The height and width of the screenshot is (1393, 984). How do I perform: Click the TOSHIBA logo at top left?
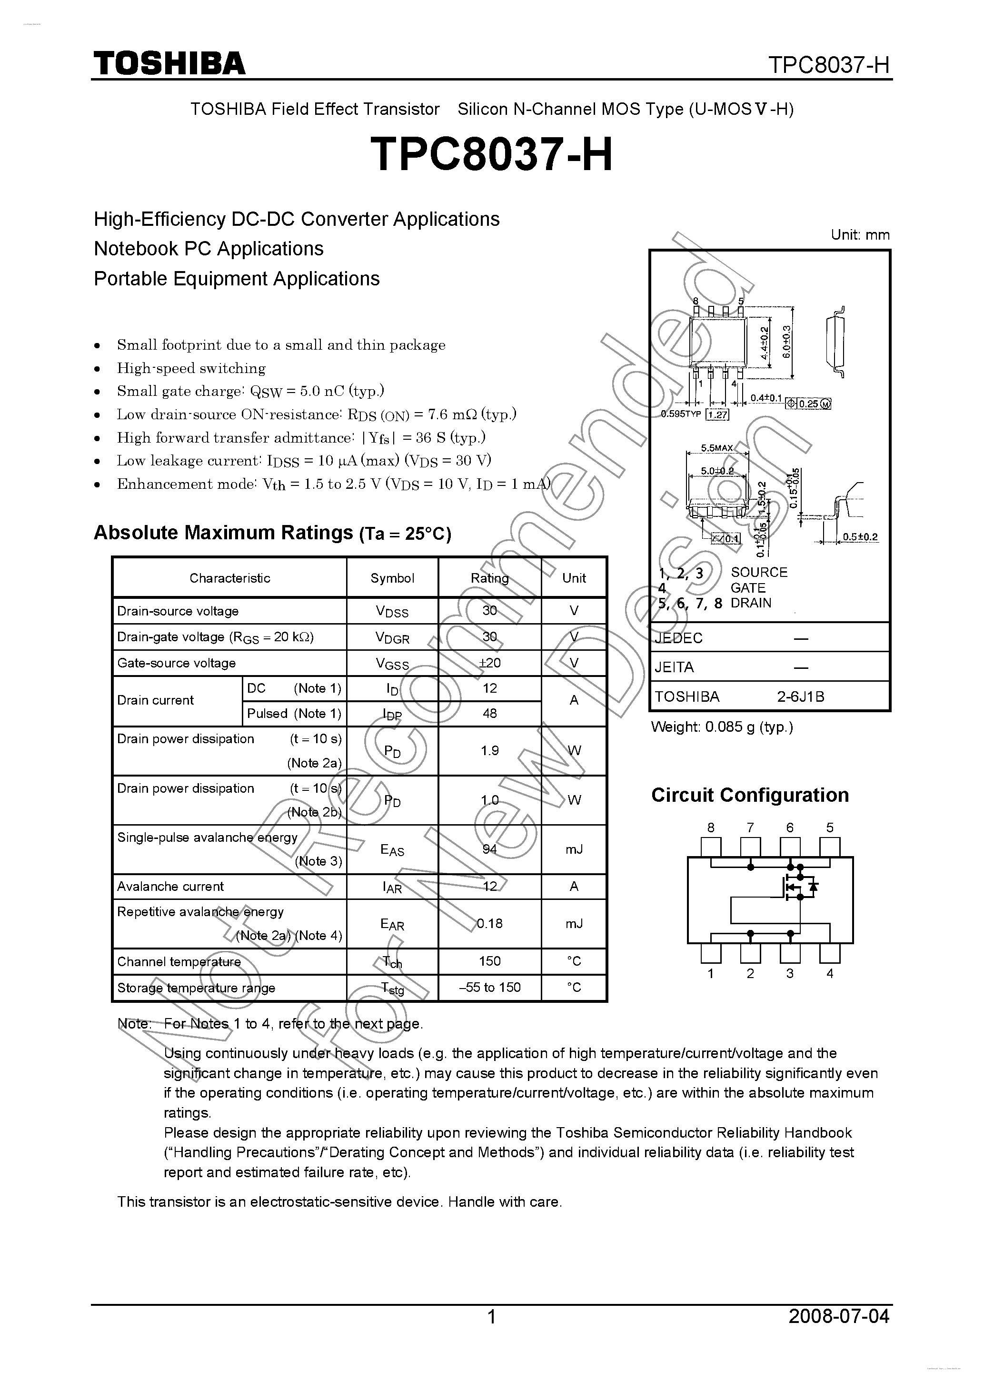(169, 63)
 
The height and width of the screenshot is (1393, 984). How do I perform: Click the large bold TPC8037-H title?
(491, 154)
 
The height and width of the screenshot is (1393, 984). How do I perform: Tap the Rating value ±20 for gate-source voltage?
(489, 663)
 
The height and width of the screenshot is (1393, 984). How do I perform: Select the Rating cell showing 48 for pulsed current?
(489, 714)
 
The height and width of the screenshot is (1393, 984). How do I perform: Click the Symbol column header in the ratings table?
(392, 577)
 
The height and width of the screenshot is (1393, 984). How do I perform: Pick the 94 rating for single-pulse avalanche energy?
(489, 849)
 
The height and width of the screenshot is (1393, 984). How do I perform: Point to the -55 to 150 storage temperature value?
(489, 987)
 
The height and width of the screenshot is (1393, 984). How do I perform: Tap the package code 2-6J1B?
(800, 696)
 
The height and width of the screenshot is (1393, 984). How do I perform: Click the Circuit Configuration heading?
(749, 795)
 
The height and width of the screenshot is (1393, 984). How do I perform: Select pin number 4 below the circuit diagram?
(829, 974)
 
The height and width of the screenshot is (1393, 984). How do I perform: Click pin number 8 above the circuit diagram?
(711, 828)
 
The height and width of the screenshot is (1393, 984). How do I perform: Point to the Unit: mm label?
(860, 235)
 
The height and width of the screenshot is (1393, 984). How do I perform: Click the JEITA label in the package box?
(674, 667)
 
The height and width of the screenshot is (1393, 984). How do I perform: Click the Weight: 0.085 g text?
(722, 727)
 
